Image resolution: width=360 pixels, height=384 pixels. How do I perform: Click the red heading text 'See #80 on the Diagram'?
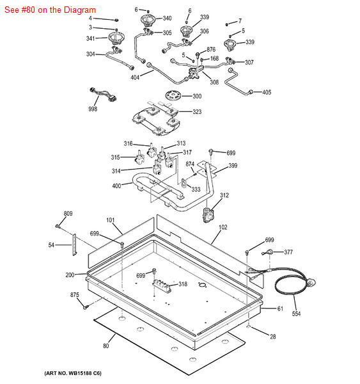[x=50, y=10]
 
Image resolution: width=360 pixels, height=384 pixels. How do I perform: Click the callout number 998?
[x=93, y=109]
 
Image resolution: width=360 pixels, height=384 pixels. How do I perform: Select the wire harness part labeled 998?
[x=104, y=94]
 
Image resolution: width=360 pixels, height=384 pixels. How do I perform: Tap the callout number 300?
[x=197, y=96]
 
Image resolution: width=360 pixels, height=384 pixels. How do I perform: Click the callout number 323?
[x=197, y=112]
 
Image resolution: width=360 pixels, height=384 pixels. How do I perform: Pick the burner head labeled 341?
[x=116, y=38]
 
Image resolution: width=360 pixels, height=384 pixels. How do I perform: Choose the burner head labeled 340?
[x=148, y=20]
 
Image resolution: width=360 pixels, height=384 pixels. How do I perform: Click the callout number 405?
[x=267, y=92]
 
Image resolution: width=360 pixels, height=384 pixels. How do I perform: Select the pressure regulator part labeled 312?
[x=208, y=215]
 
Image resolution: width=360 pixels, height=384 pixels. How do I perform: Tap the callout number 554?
[x=296, y=314]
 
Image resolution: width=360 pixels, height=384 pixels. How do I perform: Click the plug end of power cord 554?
[x=311, y=283]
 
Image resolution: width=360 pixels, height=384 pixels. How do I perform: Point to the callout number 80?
[x=106, y=346]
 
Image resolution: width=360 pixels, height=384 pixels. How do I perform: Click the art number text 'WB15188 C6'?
[x=84, y=373]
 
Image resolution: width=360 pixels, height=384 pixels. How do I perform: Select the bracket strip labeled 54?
[x=74, y=244]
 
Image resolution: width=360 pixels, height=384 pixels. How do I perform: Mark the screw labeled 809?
[x=58, y=226]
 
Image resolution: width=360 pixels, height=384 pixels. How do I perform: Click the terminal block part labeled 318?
[x=162, y=286]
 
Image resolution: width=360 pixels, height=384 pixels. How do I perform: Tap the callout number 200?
[x=70, y=275]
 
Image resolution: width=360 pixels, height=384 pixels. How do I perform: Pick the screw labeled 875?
[x=86, y=307]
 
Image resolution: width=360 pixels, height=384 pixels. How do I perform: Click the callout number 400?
[x=116, y=186]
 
